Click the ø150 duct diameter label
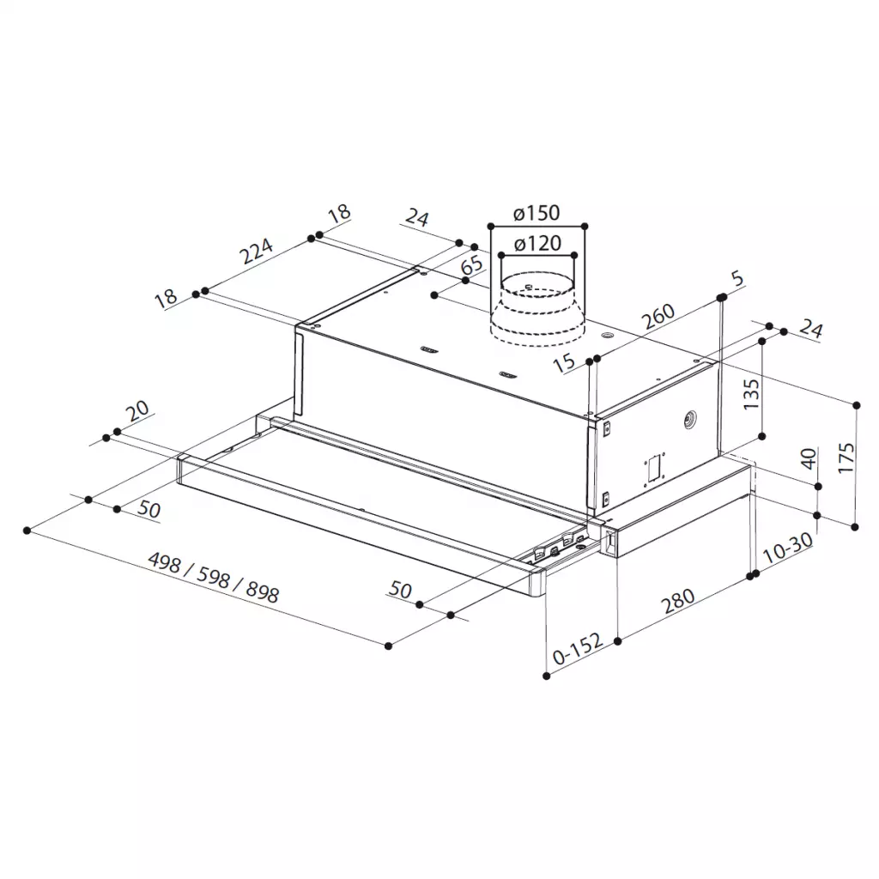[x=536, y=213]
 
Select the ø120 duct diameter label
[x=537, y=243]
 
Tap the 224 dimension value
[x=256, y=251]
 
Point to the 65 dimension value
[x=472, y=264]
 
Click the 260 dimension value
[x=658, y=316]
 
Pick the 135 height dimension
[x=751, y=394]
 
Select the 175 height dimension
[x=846, y=458]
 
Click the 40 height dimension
[x=808, y=458]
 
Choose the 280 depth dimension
[x=678, y=601]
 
